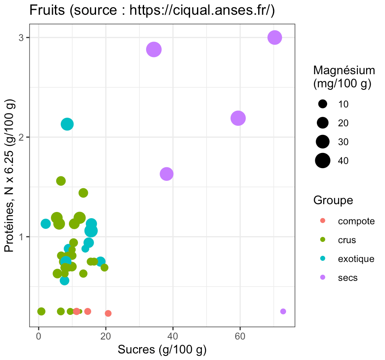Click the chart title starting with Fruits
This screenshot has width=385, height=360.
point(152,11)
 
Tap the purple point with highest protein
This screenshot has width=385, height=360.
point(275,38)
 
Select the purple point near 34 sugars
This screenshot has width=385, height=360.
point(154,50)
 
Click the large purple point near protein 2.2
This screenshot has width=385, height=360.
point(238,118)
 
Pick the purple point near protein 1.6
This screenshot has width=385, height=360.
point(166,174)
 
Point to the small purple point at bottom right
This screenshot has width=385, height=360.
point(283,311)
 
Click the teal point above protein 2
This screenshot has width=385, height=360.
point(67,124)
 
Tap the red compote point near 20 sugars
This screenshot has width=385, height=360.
point(108,313)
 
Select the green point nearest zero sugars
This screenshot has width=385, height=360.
point(41,311)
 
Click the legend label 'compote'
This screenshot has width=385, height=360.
point(356,221)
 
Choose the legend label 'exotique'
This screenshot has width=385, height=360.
point(356,259)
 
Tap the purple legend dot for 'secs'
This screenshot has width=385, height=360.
point(323,278)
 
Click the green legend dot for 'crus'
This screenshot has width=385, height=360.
point(323,240)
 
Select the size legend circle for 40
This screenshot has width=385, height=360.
point(323,161)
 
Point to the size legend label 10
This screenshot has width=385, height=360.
point(343,104)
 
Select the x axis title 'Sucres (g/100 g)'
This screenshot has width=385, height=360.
point(162,350)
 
